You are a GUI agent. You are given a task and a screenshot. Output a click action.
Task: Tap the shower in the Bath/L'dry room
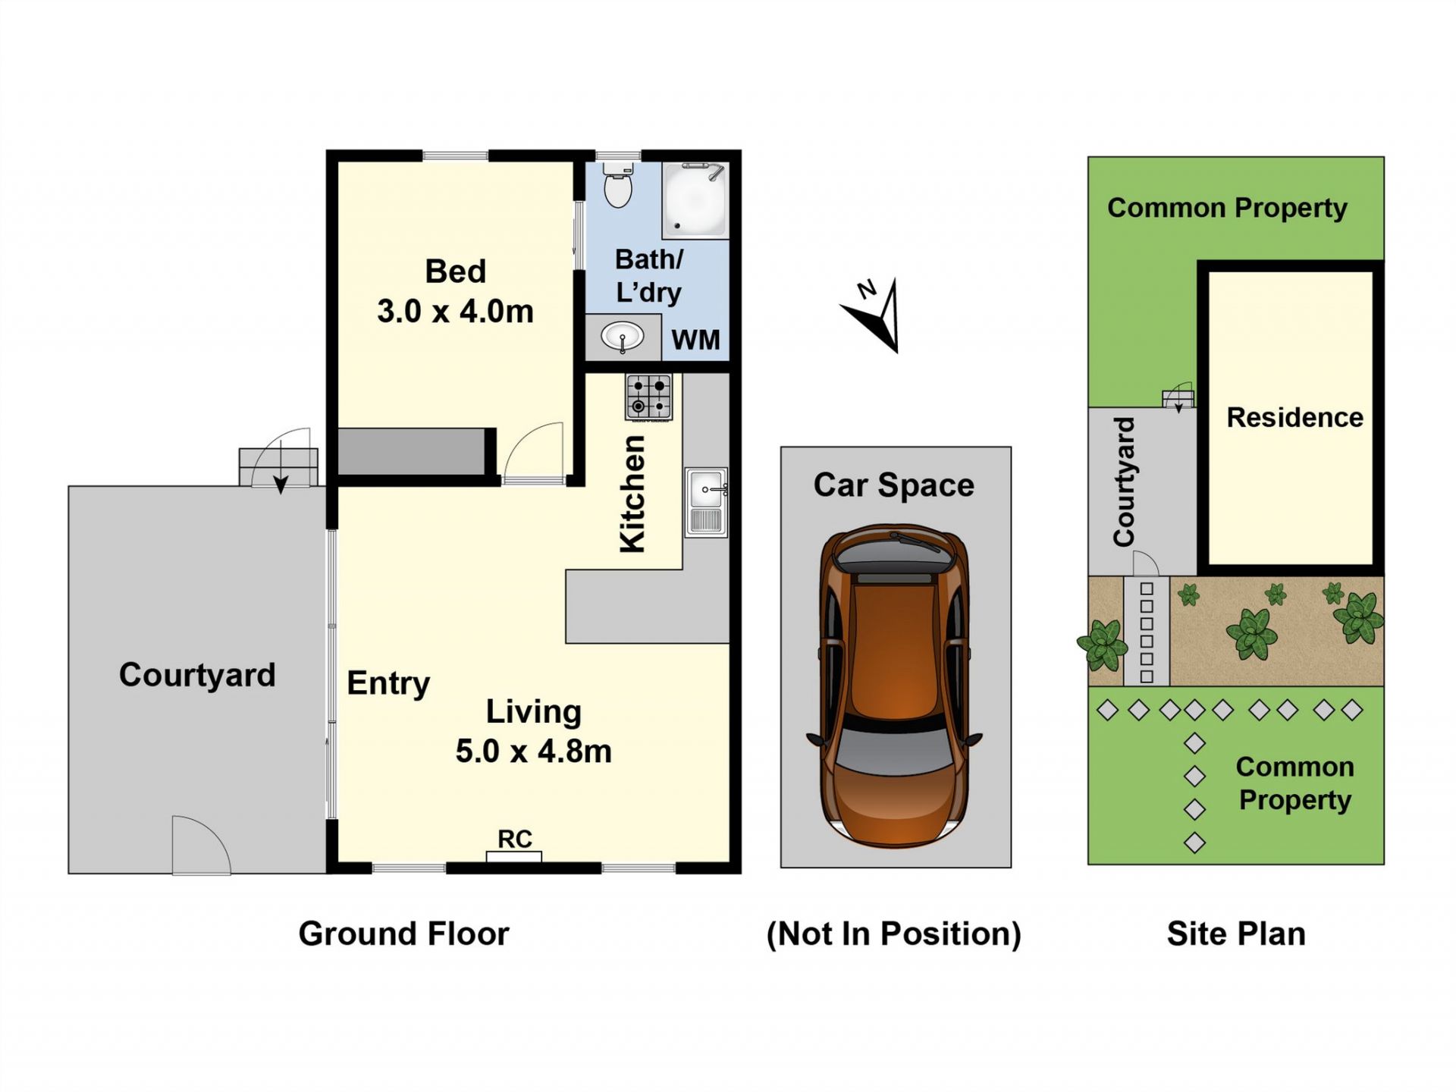pos(695,200)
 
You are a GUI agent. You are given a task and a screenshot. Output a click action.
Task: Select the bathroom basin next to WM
pos(623,337)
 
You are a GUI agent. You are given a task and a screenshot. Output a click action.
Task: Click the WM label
pos(695,340)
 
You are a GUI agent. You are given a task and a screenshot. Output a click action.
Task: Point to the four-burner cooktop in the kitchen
pos(649,397)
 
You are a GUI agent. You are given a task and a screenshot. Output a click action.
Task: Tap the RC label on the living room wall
pos(515,839)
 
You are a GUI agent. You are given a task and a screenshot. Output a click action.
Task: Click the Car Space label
pos(894,485)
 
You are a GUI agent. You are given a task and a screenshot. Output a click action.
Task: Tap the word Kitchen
pos(632,494)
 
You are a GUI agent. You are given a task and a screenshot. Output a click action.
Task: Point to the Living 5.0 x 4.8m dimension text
pos(533,731)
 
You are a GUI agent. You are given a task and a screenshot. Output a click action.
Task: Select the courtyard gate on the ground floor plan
pos(202,845)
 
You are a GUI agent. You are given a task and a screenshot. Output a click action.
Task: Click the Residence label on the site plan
pos(1295,417)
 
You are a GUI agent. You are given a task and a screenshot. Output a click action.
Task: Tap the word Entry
pos(388,683)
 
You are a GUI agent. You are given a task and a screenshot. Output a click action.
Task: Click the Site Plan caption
pos(1236,934)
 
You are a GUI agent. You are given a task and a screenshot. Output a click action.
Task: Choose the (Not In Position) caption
pos(894,934)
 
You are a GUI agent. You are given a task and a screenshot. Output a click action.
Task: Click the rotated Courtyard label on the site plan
pos(1124,482)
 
